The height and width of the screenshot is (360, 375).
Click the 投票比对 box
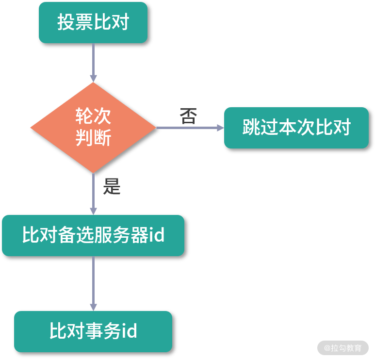click(x=93, y=23)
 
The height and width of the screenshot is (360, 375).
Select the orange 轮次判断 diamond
click(x=93, y=127)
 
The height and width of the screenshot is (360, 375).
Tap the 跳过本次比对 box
click(x=296, y=128)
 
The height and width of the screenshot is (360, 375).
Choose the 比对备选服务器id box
click(x=93, y=235)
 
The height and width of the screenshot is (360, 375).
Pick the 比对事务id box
click(x=93, y=331)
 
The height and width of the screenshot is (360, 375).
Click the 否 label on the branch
click(x=188, y=116)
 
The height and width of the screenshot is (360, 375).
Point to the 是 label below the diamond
click(x=112, y=186)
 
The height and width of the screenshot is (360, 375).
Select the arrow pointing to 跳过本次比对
click(x=189, y=128)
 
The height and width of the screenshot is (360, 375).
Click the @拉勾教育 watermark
click(x=343, y=348)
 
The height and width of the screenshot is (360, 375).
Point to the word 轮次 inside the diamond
click(x=93, y=116)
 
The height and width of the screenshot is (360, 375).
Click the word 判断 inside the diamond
click(x=93, y=138)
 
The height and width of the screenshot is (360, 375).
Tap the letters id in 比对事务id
click(x=129, y=331)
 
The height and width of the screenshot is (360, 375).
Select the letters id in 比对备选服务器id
click(x=156, y=235)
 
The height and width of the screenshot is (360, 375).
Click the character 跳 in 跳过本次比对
click(x=251, y=128)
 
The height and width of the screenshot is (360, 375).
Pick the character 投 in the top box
click(x=66, y=23)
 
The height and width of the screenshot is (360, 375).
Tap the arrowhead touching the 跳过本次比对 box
click(x=220, y=128)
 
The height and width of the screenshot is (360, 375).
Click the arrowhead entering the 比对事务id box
click(x=93, y=307)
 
